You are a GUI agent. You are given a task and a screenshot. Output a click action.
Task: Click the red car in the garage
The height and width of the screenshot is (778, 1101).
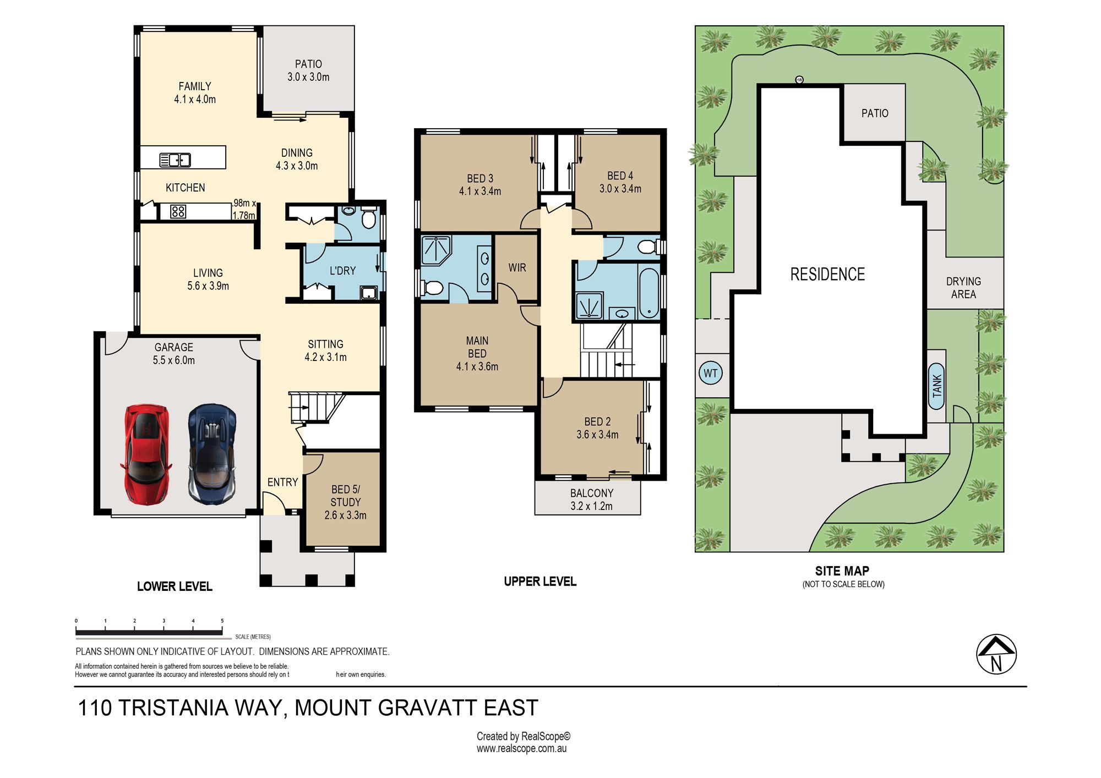[146, 454]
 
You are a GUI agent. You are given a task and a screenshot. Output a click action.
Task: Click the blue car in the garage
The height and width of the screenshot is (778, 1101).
[212, 454]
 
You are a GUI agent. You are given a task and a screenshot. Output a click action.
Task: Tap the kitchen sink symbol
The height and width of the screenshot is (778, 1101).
[175, 160]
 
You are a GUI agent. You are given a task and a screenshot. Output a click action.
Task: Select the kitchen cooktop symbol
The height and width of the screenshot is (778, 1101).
[178, 211]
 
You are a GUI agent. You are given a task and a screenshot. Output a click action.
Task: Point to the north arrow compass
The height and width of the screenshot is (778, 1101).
[996, 654]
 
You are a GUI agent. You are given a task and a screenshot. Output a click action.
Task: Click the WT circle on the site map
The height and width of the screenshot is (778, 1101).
[711, 373]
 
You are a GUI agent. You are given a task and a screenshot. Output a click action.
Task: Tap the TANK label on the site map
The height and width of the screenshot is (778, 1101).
[937, 386]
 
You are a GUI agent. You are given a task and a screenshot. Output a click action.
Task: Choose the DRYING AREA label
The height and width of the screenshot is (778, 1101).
[963, 288]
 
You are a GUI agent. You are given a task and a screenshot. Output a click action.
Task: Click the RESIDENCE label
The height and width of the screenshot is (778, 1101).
[827, 274]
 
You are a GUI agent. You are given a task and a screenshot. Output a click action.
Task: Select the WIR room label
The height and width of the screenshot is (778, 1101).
[517, 268]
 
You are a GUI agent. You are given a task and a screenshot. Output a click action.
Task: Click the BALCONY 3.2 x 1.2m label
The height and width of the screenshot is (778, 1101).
[591, 500]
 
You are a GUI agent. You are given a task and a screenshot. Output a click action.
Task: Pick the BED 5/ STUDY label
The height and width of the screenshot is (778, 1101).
[345, 502]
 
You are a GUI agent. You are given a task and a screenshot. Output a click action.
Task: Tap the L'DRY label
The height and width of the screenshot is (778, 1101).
[342, 271]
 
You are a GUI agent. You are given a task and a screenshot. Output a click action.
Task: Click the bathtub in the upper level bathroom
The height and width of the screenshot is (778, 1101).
[649, 293]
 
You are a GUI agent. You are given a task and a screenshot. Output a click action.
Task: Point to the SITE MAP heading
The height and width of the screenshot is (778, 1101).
[842, 571]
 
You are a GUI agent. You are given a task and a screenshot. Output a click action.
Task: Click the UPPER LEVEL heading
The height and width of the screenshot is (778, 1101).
[540, 582]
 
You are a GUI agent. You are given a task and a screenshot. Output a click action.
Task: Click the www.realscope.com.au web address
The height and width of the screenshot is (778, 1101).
[522, 748]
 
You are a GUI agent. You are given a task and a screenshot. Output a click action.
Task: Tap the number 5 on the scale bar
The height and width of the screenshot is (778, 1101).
[222, 621]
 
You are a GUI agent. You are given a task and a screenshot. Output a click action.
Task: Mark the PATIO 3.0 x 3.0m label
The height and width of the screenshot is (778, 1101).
[308, 70]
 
